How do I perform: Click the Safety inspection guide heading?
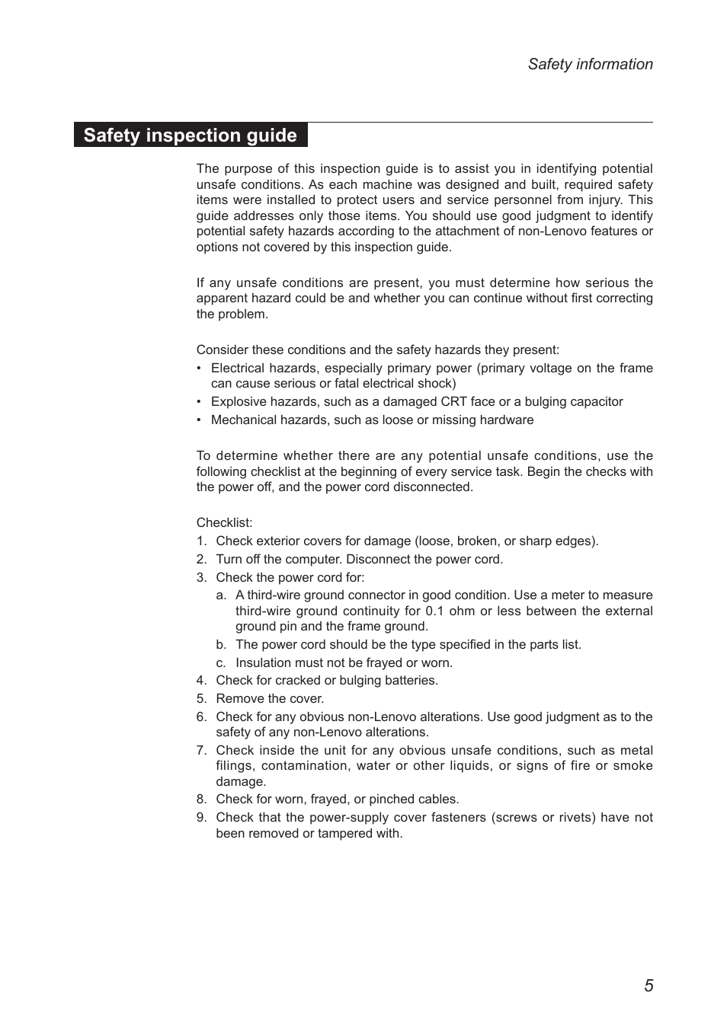[x=190, y=136]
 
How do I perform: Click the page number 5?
[x=649, y=985]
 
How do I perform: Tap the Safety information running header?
[x=590, y=65]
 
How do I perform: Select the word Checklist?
[x=223, y=523]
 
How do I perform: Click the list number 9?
[x=200, y=818]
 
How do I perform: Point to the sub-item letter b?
[x=220, y=645]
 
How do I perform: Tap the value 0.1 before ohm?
[x=434, y=611]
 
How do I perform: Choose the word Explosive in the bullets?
[x=239, y=402]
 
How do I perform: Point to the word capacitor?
[x=594, y=402]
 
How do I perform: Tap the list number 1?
[x=200, y=541]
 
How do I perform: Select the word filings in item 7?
[x=233, y=766]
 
